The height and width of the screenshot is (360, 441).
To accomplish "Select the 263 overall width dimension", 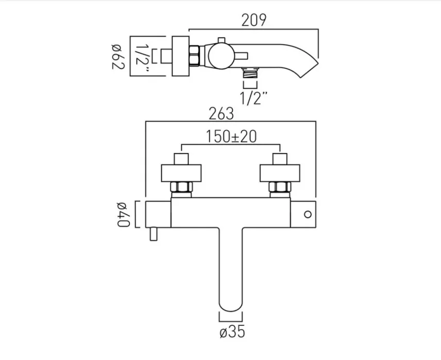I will [222, 113].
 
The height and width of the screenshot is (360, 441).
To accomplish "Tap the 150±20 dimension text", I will [232, 136].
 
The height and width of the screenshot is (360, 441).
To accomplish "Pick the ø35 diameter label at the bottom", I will [231, 333].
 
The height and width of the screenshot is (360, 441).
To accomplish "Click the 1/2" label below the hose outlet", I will [251, 98].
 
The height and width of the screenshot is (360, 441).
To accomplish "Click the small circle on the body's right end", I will [308, 214].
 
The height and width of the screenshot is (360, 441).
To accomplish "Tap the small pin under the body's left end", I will [152, 235].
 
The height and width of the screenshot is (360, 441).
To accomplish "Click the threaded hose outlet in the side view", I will [251, 73].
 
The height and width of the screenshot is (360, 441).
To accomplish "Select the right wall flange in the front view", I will [279, 174].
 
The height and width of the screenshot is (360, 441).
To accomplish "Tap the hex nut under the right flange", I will [279, 188].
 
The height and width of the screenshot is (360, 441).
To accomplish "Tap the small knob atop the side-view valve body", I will [220, 40].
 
